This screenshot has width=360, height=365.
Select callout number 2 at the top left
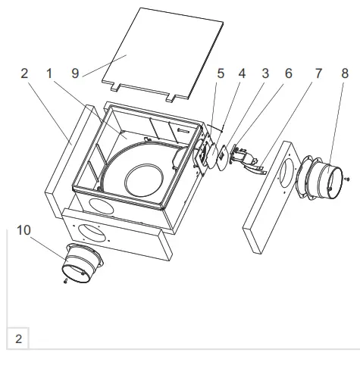pyautogui.click(x=25, y=74)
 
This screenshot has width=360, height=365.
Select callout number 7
pyautogui.click(x=318, y=74)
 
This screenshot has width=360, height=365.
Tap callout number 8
pyautogui.click(x=346, y=74)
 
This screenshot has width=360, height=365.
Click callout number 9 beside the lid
pyautogui.click(x=76, y=74)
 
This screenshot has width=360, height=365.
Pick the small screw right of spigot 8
pyautogui.click(x=346, y=179)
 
